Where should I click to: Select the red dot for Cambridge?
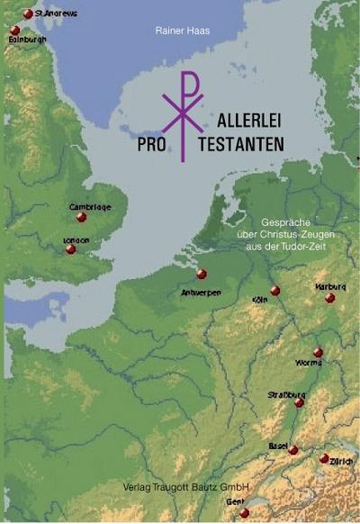tap(82, 217)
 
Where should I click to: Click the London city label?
tap(76, 240)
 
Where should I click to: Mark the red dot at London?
tap(71, 249)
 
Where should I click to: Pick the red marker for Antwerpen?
tap(202, 275)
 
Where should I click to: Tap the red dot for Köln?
tap(275, 291)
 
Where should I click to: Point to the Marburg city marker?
tap(330, 298)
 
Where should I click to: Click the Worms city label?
tap(310, 363)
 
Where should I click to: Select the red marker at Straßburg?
tap(300, 403)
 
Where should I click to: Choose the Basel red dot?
tap(293, 449)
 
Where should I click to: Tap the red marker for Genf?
tap(245, 512)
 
